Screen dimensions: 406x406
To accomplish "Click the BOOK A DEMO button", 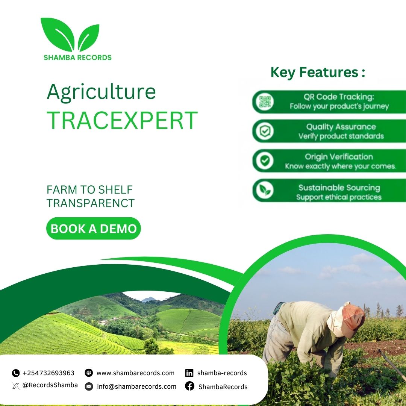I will coord(94,229).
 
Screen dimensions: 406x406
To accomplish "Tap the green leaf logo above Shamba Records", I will coord(70,35).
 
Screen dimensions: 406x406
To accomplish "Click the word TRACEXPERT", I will coord(122,120).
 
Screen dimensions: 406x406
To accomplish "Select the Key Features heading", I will coord(318,72).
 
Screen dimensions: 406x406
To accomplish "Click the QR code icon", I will coord(265,101).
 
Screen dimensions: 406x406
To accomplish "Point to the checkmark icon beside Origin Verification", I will coord(265,161).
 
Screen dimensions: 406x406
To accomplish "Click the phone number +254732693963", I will coord(48,373).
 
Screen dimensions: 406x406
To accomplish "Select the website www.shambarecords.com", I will coord(135,373).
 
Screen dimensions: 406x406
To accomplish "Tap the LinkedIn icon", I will coord(189,373).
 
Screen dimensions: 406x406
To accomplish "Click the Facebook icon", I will coord(189,386).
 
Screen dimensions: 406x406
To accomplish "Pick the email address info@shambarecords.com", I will coord(136,386).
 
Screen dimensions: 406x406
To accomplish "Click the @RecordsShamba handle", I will coord(50,385).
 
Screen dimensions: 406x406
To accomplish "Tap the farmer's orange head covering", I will coord(354,315).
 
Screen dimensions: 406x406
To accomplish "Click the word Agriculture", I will coord(101,92).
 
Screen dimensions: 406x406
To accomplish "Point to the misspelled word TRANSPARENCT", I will coord(91,203).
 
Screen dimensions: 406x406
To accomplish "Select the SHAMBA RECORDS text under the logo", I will coord(77,58).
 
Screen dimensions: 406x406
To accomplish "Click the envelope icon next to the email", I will coord(89,386).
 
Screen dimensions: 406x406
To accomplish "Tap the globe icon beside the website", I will coord(89,373).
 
